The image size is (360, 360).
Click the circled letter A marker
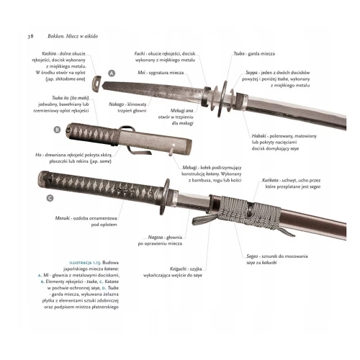112,73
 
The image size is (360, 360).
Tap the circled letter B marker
57,130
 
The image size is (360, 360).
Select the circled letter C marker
50,198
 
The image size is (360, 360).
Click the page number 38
30,36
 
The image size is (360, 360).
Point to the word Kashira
49,53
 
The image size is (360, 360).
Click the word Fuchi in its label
140,53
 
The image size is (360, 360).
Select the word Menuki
63,218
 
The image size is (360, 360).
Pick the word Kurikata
270,180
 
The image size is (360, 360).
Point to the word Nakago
117,104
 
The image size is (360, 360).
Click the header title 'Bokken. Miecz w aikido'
73,36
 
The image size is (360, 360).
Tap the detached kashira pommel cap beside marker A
96,84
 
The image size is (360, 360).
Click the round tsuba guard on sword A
222,99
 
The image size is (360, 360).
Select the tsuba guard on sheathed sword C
166,197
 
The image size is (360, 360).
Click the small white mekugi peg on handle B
171,151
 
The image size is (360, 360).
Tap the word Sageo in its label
252,256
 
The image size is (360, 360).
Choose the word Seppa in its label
251,73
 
